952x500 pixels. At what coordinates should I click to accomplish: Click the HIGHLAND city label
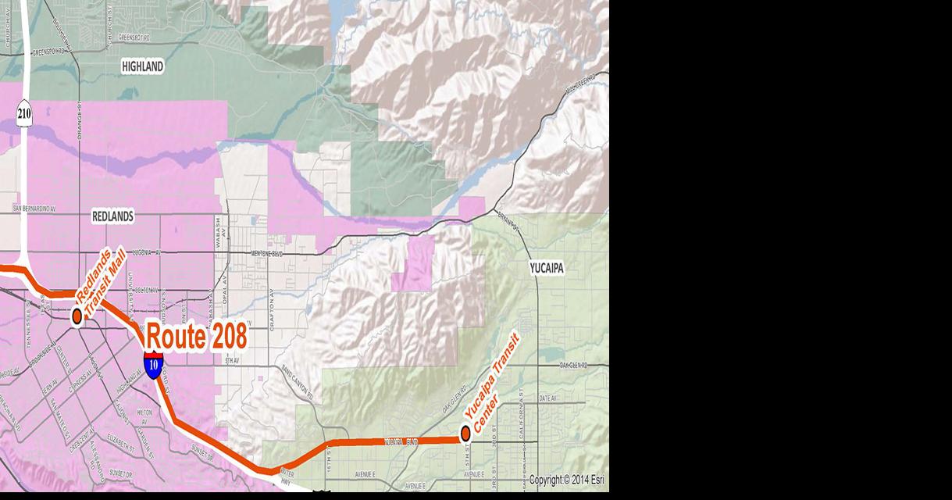[143, 67]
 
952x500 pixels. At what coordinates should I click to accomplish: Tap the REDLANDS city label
[112, 216]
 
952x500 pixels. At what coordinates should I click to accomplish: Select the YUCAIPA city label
[547, 268]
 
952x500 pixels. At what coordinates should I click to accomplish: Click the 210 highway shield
[23, 114]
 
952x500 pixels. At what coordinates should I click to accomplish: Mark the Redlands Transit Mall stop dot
[77, 316]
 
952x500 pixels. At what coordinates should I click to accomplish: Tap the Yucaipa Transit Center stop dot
[465, 432]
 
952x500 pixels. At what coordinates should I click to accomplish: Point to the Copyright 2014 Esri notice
[566, 480]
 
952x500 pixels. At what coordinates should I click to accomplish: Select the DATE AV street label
[547, 398]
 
